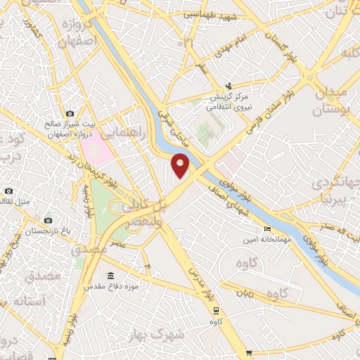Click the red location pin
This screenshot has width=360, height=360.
181,165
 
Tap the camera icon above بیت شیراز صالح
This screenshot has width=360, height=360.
70,113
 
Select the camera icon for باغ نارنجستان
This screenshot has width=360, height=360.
48,220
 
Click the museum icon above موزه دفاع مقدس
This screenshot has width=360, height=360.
110,276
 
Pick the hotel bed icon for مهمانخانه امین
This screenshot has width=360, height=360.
266,229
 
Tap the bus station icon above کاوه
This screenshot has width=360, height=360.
216,311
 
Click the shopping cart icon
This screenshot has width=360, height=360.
249,353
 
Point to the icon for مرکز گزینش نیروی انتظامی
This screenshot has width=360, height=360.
228,86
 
